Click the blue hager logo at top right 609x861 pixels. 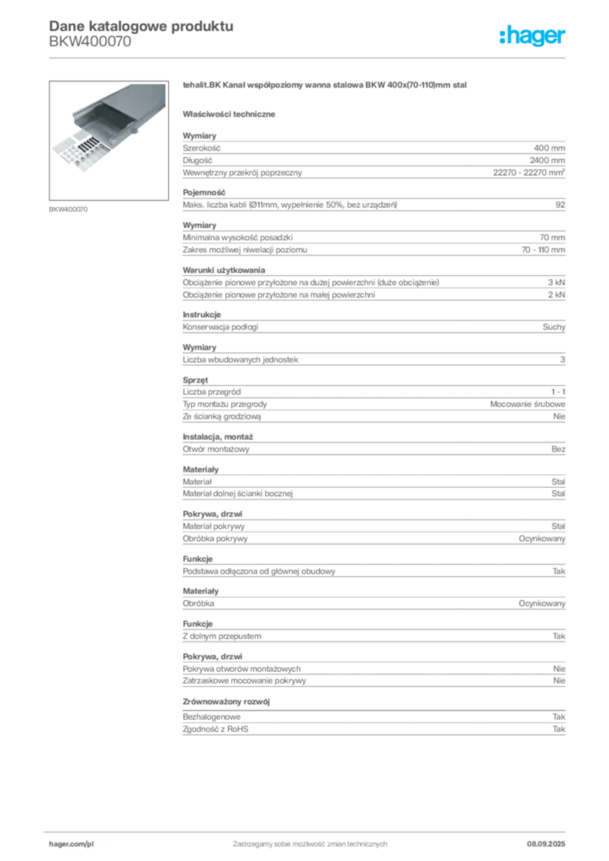533,37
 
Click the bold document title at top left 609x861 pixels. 140,24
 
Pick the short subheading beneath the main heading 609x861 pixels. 232,113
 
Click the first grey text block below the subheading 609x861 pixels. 373,156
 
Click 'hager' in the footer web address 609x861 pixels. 65,843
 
